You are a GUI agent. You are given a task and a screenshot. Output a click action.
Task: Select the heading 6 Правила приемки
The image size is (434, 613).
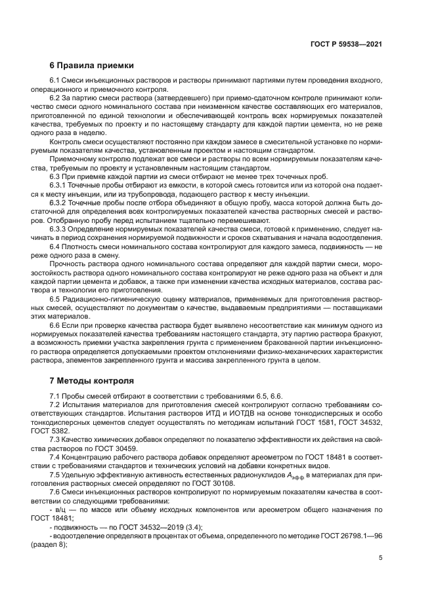pyautogui.click(x=92, y=66)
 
